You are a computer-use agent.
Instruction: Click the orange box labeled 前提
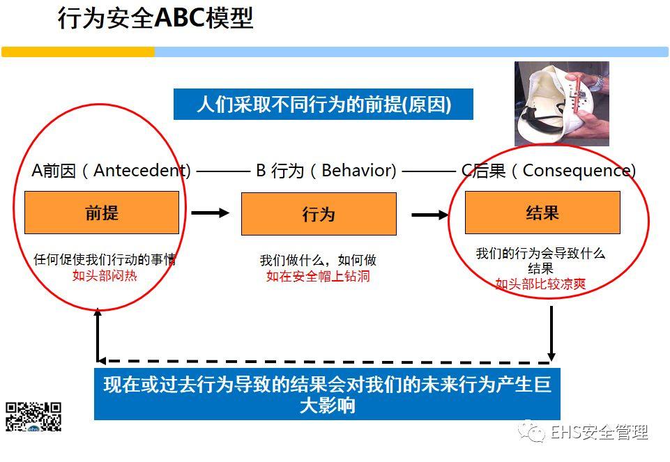102,213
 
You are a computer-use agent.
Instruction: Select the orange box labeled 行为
319,214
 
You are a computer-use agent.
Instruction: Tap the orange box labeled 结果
542,213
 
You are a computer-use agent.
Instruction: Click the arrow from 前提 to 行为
210,213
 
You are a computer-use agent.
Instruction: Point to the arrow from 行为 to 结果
430,215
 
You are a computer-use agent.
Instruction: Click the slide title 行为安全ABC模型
155,19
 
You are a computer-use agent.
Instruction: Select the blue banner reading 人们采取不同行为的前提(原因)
323,105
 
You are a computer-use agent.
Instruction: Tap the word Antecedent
141,170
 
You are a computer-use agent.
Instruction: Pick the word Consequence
578,170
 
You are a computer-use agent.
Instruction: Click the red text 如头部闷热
105,275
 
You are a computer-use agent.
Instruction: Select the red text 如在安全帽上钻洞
318,276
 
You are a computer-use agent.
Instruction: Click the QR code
33,416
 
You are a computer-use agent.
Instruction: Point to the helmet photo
561,103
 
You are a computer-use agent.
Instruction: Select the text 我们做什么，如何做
318,260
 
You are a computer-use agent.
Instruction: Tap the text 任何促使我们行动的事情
105,259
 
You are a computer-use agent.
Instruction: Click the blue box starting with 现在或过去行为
327,394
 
